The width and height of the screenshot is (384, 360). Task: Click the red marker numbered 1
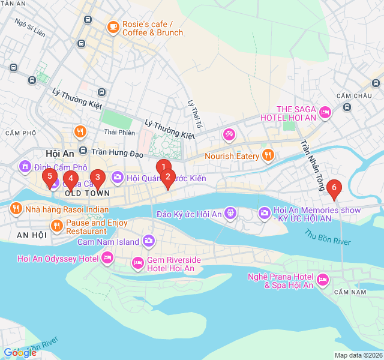pyautogui.click(x=163, y=167)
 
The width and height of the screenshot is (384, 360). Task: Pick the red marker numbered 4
pyautogui.click(x=70, y=179)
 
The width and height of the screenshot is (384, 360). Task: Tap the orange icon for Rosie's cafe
pyautogui.click(x=113, y=27)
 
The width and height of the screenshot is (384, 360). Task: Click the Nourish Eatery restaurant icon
pyautogui.click(x=268, y=156)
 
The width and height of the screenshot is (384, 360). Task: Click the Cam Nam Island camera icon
pyautogui.click(x=148, y=242)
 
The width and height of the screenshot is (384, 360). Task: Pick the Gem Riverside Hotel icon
pyautogui.click(x=137, y=263)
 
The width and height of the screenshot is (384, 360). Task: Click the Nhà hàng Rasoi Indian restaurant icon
pyautogui.click(x=16, y=209)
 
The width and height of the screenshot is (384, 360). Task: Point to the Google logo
pyautogui.click(x=20, y=353)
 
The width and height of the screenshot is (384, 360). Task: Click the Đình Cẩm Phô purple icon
pyautogui.click(x=25, y=166)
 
